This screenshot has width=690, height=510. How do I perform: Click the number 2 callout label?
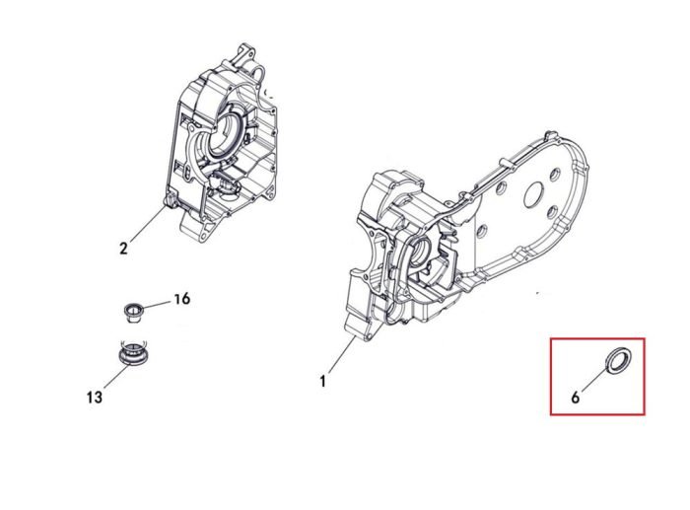click(123, 249)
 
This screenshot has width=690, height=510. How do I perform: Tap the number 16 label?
click(181, 299)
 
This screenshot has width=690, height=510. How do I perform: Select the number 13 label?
click(95, 398)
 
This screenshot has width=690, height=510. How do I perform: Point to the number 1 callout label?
click(323, 381)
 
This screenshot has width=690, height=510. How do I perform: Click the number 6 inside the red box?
click(575, 398)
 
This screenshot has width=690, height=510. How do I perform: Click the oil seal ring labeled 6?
click(619, 360)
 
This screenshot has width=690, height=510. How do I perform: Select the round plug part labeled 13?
click(134, 352)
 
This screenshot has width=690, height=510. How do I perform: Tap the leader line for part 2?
click(148, 224)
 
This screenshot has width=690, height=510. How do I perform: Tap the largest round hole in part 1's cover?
click(535, 195)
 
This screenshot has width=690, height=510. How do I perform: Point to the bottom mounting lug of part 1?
click(356, 326)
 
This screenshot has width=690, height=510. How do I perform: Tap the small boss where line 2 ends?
click(170, 201)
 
